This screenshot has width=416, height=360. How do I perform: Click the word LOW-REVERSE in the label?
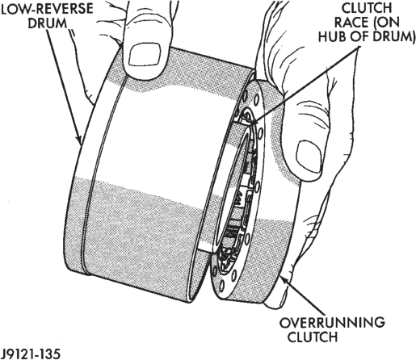[x=48, y=9]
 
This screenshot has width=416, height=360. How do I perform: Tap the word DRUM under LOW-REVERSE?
[x=48, y=23]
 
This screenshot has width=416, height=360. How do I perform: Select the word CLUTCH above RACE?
[x=367, y=8]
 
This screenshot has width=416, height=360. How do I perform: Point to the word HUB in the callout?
[x=333, y=36]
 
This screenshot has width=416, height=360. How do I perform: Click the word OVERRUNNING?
[x=332, y=322]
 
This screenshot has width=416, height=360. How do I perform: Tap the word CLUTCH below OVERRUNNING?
[x=313, y=337]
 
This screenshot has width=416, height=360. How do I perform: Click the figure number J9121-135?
[x=30, y=354]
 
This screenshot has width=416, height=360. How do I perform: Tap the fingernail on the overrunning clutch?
[x=309, y=157]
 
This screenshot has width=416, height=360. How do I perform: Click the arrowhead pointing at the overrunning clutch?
[x=284, y=280]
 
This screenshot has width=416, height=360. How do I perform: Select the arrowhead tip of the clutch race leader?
[x=253, y=123]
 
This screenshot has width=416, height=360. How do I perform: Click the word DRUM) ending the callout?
[x=389, y=36]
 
